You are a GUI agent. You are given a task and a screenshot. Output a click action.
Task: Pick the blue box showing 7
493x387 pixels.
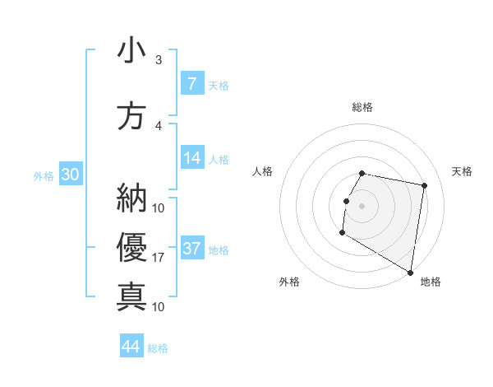(x=191, y=83)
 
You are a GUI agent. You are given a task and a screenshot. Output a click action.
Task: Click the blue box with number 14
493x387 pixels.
(x=191, y=158)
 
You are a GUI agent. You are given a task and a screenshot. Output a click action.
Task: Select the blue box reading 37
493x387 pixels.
(x=191, y=249)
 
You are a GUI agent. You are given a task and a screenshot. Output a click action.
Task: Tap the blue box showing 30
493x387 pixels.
(x=70, y=174)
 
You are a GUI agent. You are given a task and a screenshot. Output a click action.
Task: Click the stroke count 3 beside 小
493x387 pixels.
(x=159, y=60)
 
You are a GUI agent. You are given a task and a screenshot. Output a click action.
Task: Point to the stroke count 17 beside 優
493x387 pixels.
(x=159, y=258)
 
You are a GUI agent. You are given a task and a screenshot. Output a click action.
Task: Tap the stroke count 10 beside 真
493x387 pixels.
(x=159, y=306)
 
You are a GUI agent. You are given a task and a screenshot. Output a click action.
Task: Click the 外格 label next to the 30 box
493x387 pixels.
(x=44, y=175)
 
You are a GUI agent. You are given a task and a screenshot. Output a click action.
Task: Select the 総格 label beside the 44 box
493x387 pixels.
(x=158, y=348)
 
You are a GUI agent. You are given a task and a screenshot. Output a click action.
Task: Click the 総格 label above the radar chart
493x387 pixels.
(x=362, y=107)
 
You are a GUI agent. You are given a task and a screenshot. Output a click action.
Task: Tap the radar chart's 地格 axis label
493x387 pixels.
(x=431, y=282)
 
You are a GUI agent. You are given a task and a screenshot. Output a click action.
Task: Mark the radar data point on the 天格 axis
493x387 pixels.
(x=425, y=186)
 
